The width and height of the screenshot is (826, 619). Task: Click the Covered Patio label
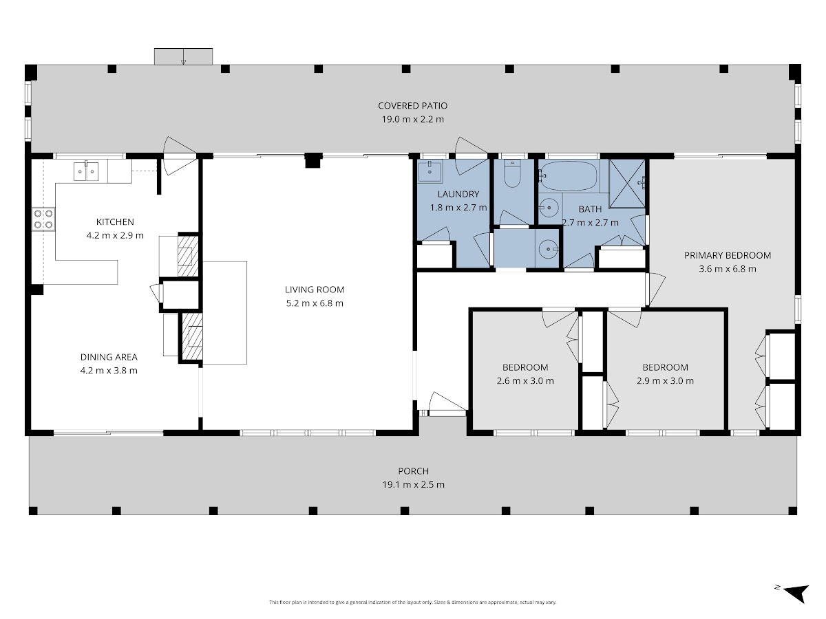(412, 106)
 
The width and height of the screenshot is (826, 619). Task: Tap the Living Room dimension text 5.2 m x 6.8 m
(315, 303)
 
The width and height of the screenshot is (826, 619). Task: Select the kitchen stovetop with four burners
(43, 219)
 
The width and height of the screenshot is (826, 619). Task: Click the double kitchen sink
(86, 171)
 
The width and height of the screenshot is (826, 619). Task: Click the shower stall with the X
(627, 184)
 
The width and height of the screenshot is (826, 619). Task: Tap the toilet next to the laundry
(512, 174)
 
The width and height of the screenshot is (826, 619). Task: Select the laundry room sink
(430, 171)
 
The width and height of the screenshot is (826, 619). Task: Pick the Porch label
(413, 471)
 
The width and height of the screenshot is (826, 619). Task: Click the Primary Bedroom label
(728, 256)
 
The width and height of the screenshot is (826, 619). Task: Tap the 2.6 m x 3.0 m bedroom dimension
(525, 381)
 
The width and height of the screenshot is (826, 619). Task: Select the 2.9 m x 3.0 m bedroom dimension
(666, 381)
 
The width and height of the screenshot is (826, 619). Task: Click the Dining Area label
(109, 357)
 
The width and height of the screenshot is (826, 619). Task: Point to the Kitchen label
(115, 222)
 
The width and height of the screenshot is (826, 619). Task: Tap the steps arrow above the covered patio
(183, 56)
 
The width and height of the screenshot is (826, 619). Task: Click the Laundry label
(458, 195)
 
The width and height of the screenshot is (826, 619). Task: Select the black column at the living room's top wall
(313, 160)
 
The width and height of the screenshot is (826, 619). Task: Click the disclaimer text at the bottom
(412, 602)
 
